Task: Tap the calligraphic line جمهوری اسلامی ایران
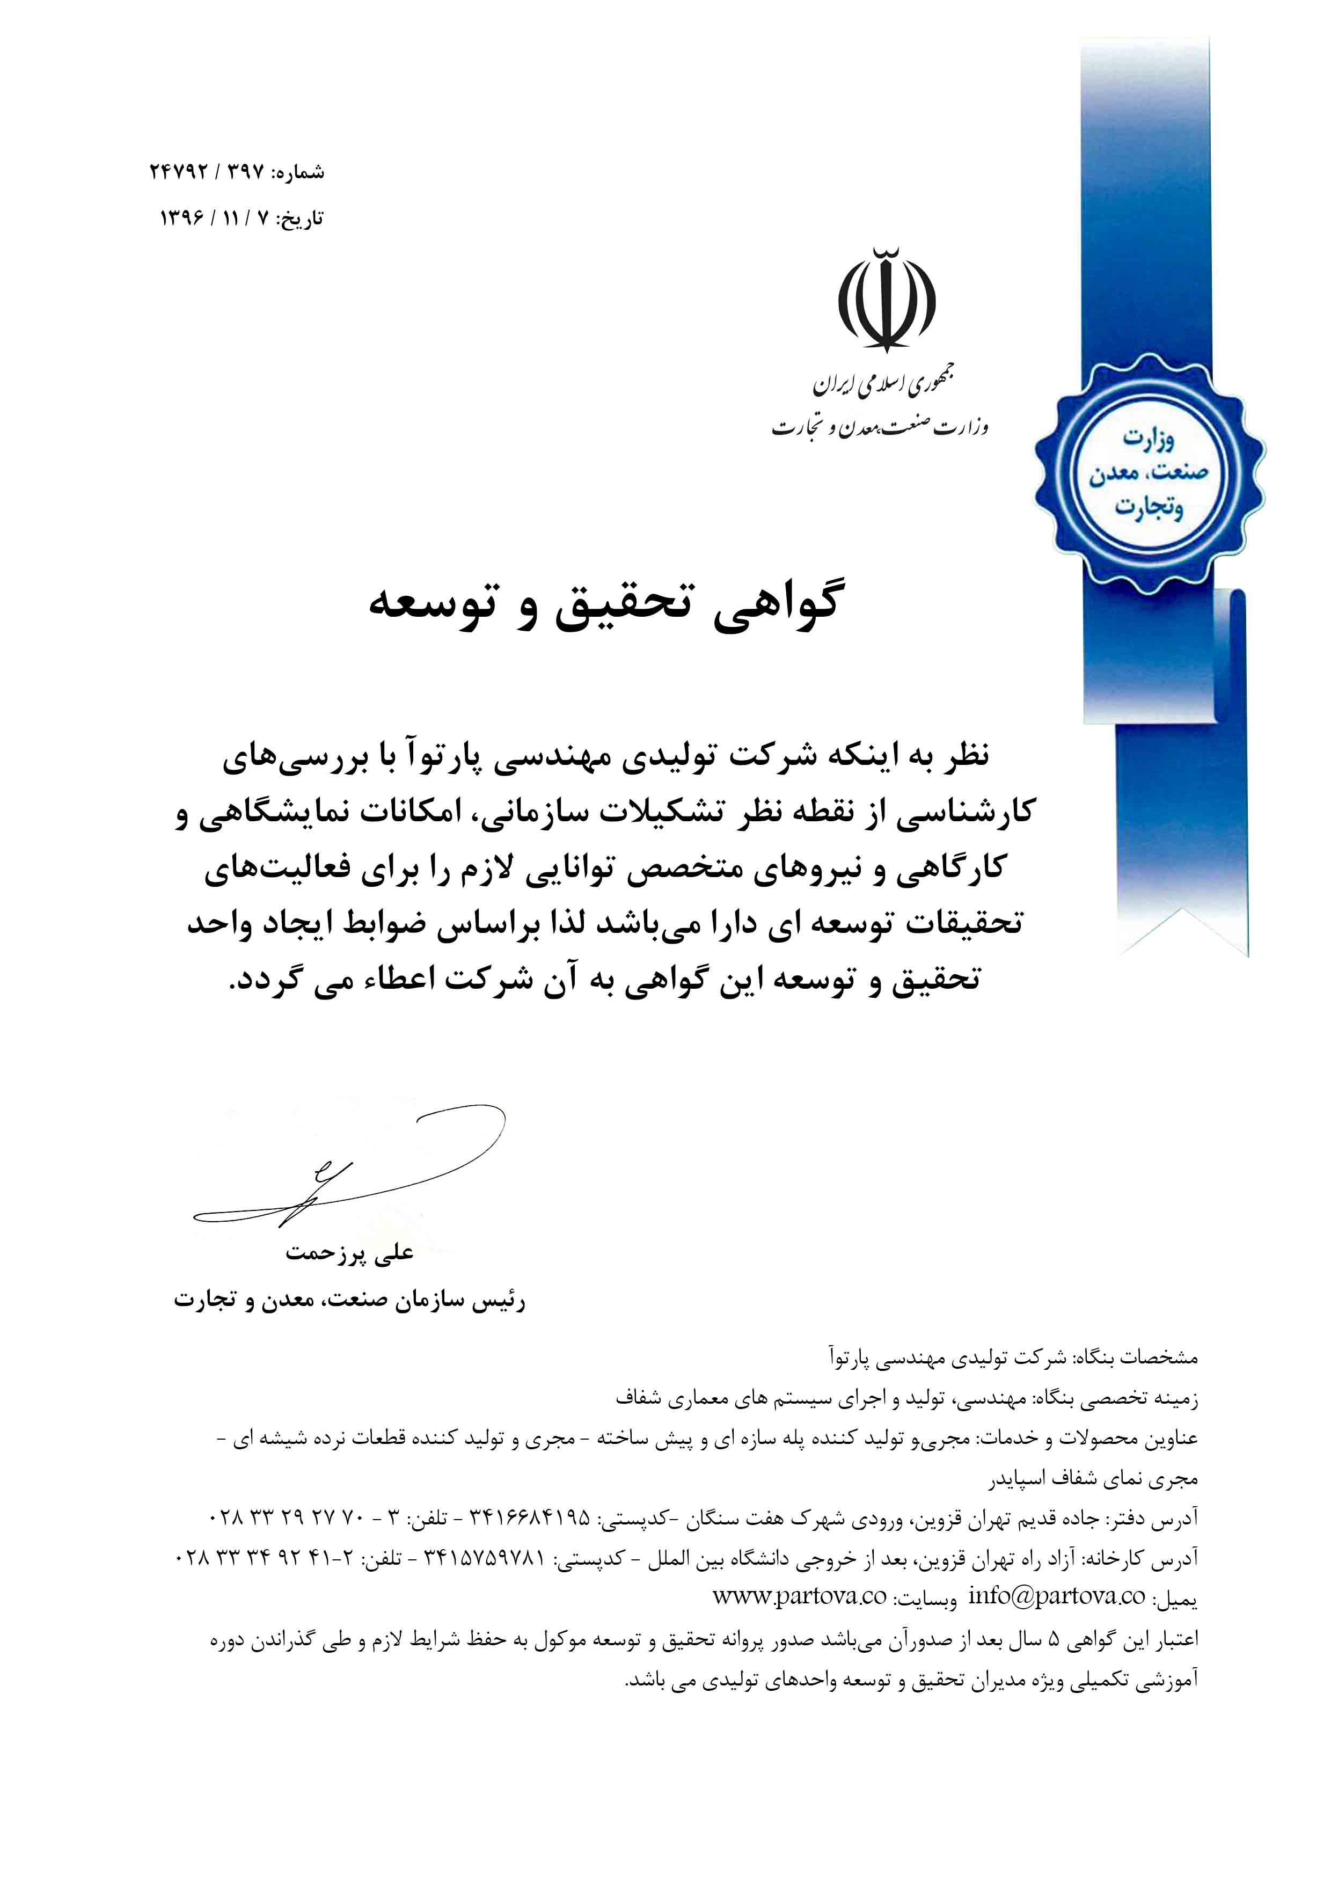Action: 883,382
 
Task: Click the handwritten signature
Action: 345,1168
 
